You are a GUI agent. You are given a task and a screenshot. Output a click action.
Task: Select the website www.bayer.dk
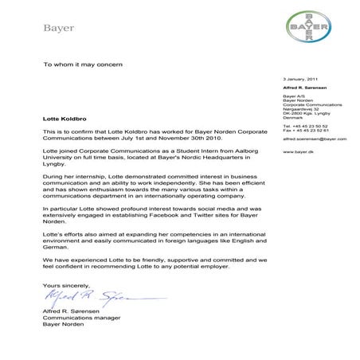click(297, 151)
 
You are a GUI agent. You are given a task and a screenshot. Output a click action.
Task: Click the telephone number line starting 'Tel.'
click(305, 126)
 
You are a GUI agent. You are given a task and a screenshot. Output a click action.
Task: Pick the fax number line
click(305, 131)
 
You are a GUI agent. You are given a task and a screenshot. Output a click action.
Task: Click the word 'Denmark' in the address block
click(294, 116)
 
